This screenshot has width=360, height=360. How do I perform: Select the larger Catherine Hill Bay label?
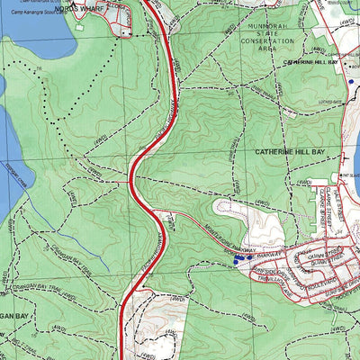click(287, 154)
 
